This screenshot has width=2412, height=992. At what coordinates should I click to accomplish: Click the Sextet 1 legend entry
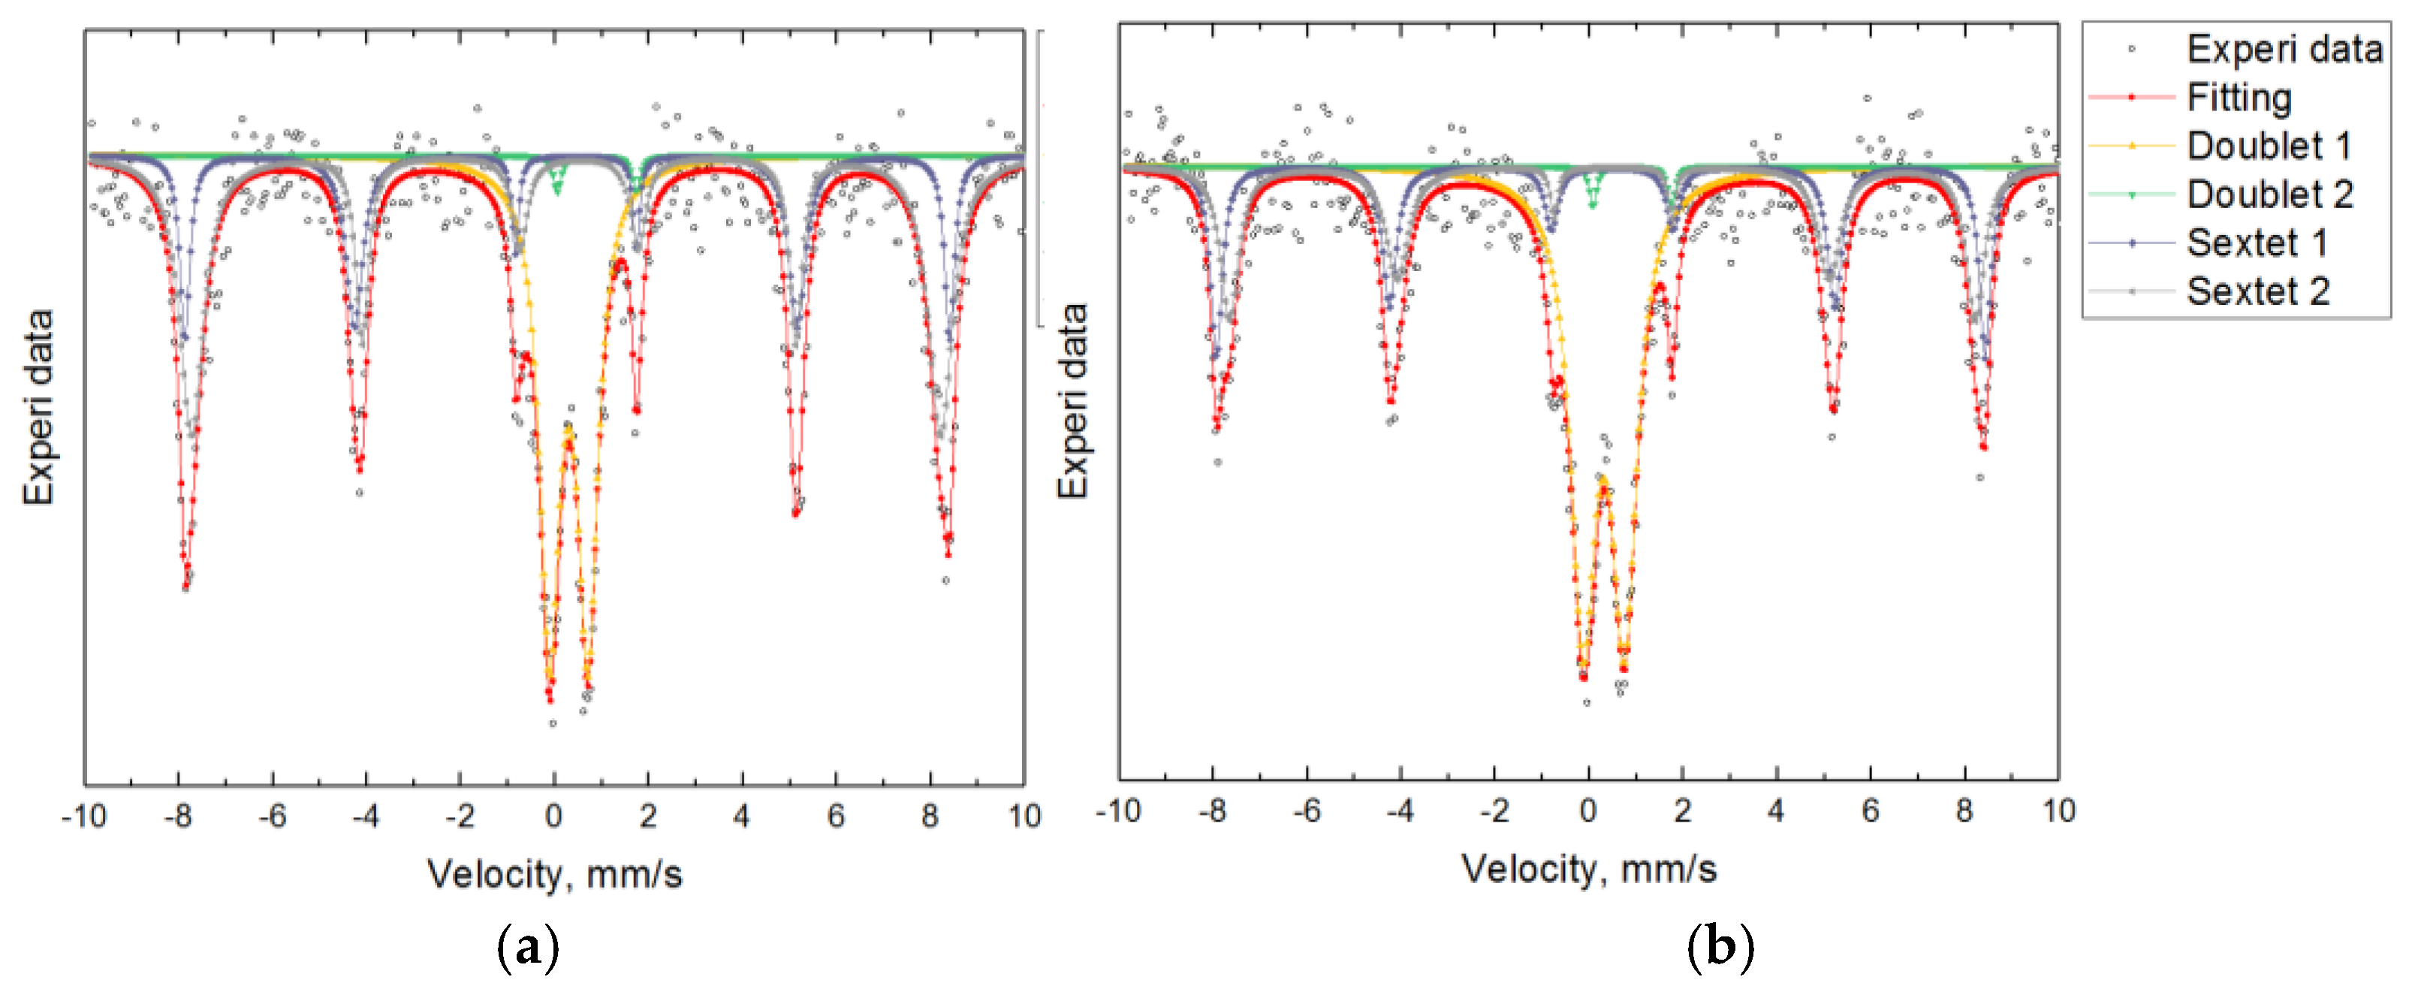(x=2256, y=243)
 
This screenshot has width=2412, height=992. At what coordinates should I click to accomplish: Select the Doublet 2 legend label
(x=2269, y=194)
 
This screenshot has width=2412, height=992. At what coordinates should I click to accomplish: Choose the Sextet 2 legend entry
(x=2257, y=291)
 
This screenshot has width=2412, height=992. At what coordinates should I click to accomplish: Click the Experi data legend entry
(x=2283, y=49)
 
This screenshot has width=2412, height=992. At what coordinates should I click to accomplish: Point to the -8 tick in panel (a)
(x=178, y=816)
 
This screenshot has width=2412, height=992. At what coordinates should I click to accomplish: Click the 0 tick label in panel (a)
(x=553, y=816)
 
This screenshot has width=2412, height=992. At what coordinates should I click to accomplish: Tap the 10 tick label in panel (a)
(x=1024, y=816)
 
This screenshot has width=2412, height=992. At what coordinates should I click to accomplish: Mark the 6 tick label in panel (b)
(x=1870, y=810)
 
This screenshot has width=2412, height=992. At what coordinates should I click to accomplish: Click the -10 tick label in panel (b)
(x=1118, y=810)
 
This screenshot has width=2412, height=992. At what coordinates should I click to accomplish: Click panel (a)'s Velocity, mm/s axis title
(x=554, y=874)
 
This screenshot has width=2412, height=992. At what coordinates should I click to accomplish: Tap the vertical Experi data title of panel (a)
(x=39, y=408)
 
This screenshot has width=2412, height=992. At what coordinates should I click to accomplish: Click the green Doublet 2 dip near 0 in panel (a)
(x=558, y=187)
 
